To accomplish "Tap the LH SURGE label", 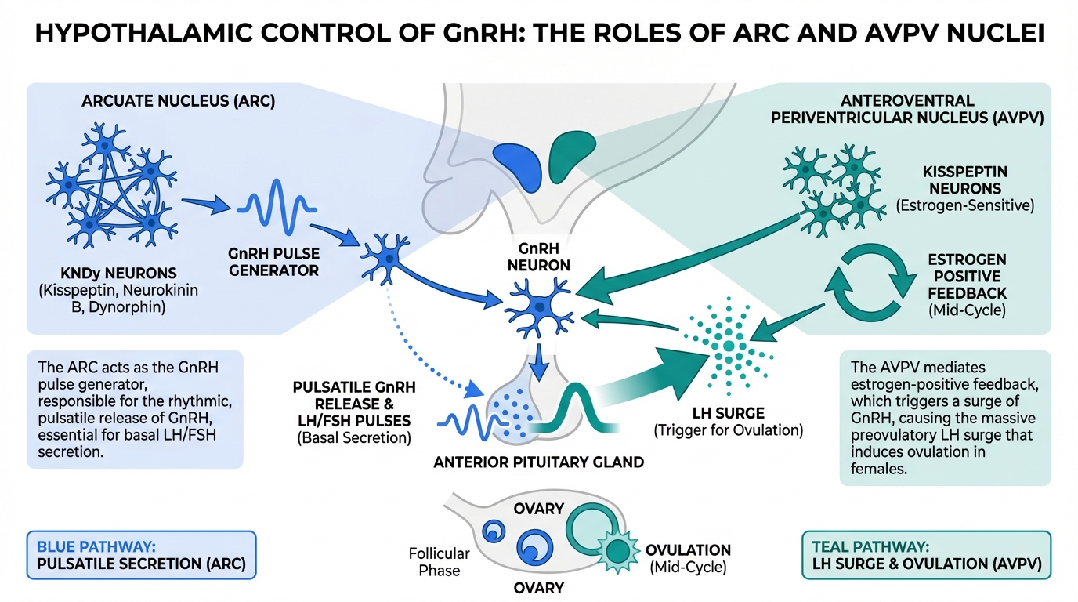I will (729, 413).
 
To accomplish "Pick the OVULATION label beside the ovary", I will (688, 550).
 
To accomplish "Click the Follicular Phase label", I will (440, 562).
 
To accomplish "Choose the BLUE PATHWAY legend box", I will (141, 555).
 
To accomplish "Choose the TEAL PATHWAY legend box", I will (927, 555).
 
